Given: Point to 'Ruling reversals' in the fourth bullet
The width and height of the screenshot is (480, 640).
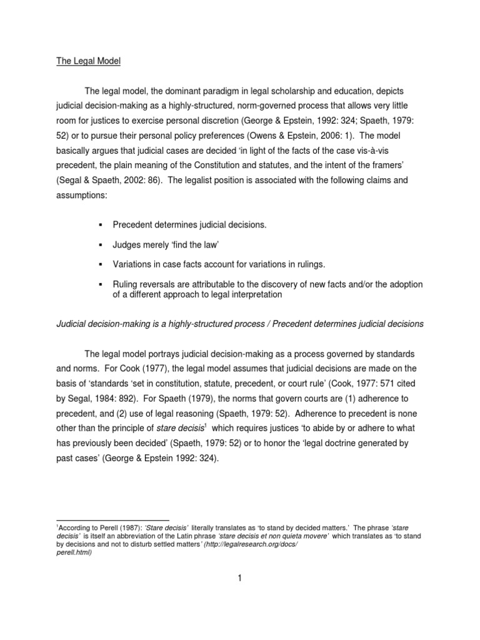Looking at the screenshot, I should click(x=145, y=284).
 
